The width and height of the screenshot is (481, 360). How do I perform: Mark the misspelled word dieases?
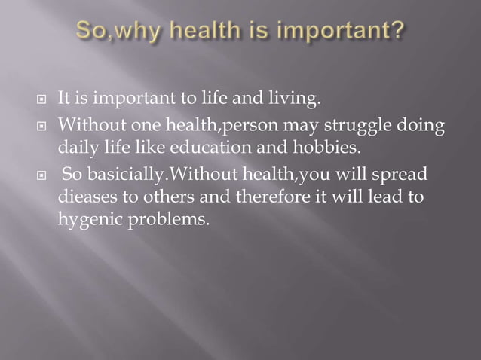tap(84, 197)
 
